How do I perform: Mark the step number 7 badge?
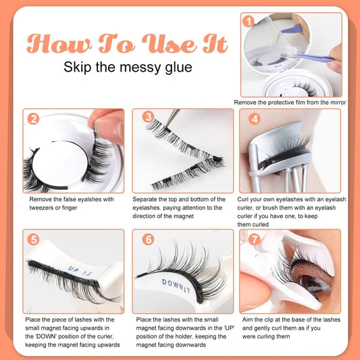tap(254, 240)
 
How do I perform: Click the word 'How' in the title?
tap(59, 43)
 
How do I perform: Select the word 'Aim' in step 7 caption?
tap(247, 319)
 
